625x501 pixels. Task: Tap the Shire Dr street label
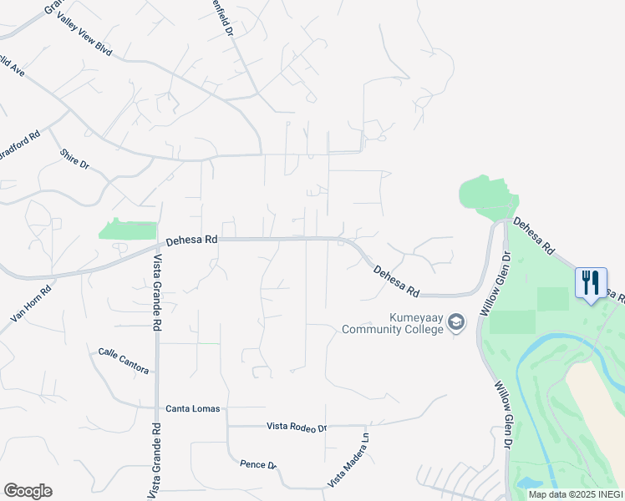pyautogui.click(x=74, y=159)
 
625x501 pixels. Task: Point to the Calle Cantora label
pyautogui.click(x=123, y=361)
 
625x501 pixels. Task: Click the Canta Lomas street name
pyautogui.click(x=193, y=408)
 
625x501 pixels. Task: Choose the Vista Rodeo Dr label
pyautogui.click(x=297, y=427)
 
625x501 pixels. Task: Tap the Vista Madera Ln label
pyautogui.click(x=348, y=459)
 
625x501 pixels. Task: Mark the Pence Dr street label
pyautogui.click(x=257, y=464)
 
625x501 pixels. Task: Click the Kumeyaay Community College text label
pyautogui.click(x=392, y=323)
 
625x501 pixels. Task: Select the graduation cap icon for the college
pyautogui.click(x=457, y=322)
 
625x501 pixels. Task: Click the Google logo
pyautogui.click(x=28, y=491)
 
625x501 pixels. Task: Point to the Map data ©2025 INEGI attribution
pyautogui.click(x=576, y=494)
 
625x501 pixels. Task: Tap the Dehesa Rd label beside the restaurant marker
pyautogui.click(x=533, y=236)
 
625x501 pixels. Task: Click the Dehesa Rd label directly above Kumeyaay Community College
pyautogui.click(x=396, y=282)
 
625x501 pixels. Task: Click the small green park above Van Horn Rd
pyautogui.click(x=128, y=230)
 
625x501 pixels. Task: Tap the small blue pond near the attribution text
pyautogui.click(x=528, y=483)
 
